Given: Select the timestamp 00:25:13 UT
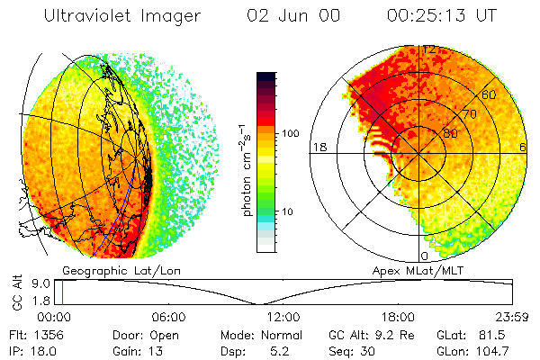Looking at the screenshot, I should [443, 15].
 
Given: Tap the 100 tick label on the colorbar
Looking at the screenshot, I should [292, 132].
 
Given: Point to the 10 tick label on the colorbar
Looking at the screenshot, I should [288, 211].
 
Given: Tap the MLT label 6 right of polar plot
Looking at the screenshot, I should [523, 147].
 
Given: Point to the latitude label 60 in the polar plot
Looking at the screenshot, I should [490, 94].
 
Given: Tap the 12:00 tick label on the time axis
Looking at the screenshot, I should [284, 317].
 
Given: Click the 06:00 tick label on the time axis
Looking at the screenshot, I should [169, 317].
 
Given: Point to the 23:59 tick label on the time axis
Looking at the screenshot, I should [514, 317].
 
